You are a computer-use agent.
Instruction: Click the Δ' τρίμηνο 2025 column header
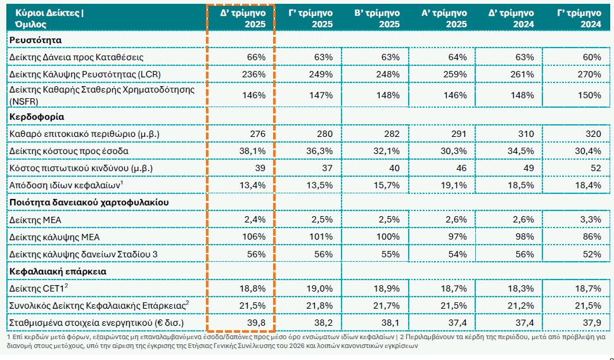pyautogui.click(x=241, y=18)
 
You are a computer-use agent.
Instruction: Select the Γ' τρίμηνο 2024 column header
pyautogui.click(x=579, y=18)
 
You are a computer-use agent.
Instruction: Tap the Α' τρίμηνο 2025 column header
pyautogui.click(x=444, y=18)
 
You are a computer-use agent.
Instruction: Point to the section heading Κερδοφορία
pyautogui.click(x=36, y=117)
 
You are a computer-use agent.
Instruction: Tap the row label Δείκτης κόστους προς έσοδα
pyautogui.click(x=70, y=151)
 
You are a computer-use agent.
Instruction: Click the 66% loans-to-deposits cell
pyautogui.click(x=256, y=57)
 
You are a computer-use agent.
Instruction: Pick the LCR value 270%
pyautogui.click(x=589, y=74)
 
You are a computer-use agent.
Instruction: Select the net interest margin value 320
pyautogui.click(x=592, y=134)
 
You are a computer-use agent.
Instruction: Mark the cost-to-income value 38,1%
pyautogui.click(x=253, y=151)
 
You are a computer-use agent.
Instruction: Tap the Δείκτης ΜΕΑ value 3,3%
pyautogui.click(x=589, y=220)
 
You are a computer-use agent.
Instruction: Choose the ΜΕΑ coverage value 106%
pyautogui.click(x=254, y=237)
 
